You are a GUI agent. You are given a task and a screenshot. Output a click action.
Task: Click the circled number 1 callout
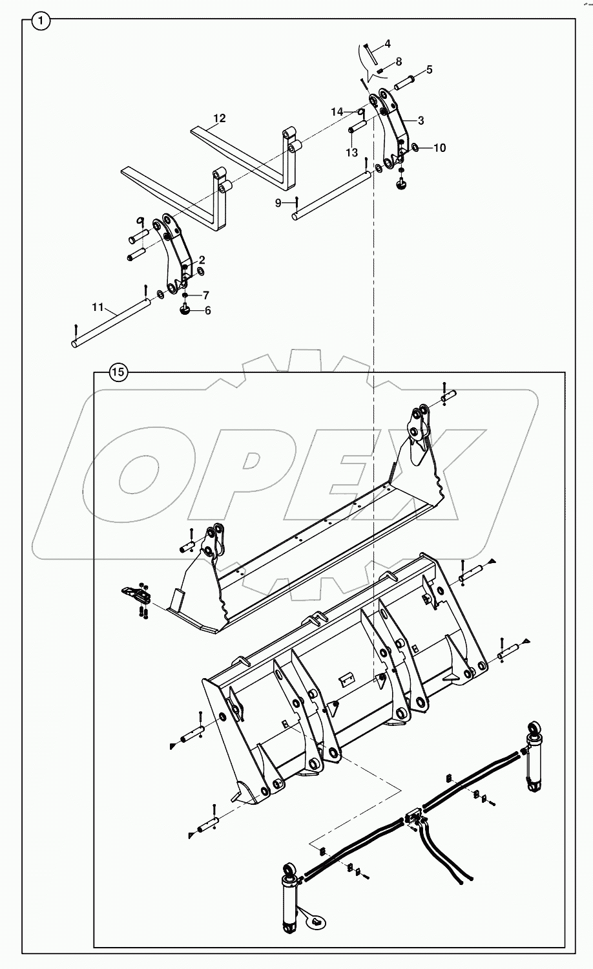pos(41,21)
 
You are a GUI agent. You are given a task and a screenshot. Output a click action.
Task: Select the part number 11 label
pos(98,308)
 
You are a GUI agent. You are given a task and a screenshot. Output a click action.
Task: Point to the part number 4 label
pos(387,44)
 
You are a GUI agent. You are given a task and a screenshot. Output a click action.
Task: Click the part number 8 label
pos(398,61)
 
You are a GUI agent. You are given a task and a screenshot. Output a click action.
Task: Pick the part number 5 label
pos(429,69)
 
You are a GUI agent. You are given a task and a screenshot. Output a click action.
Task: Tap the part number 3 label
pos(421,120)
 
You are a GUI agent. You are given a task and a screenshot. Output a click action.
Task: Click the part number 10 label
pos(439,148)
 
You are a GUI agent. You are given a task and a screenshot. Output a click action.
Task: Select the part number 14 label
pos(337,112)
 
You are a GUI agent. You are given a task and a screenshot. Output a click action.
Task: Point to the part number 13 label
pos(351,153)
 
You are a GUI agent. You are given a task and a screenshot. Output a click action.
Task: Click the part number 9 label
pos(278,203)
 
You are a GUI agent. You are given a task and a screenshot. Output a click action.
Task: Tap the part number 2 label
pos(202,259)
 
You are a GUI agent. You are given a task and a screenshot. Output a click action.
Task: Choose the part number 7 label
pos(205,295)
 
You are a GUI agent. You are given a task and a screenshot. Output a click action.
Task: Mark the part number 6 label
pos(207,310)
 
